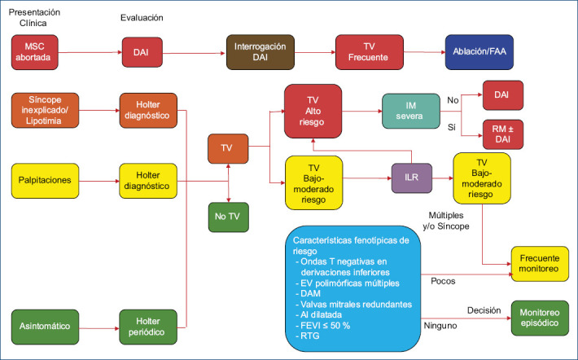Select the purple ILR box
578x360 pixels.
[x=411, y=177]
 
